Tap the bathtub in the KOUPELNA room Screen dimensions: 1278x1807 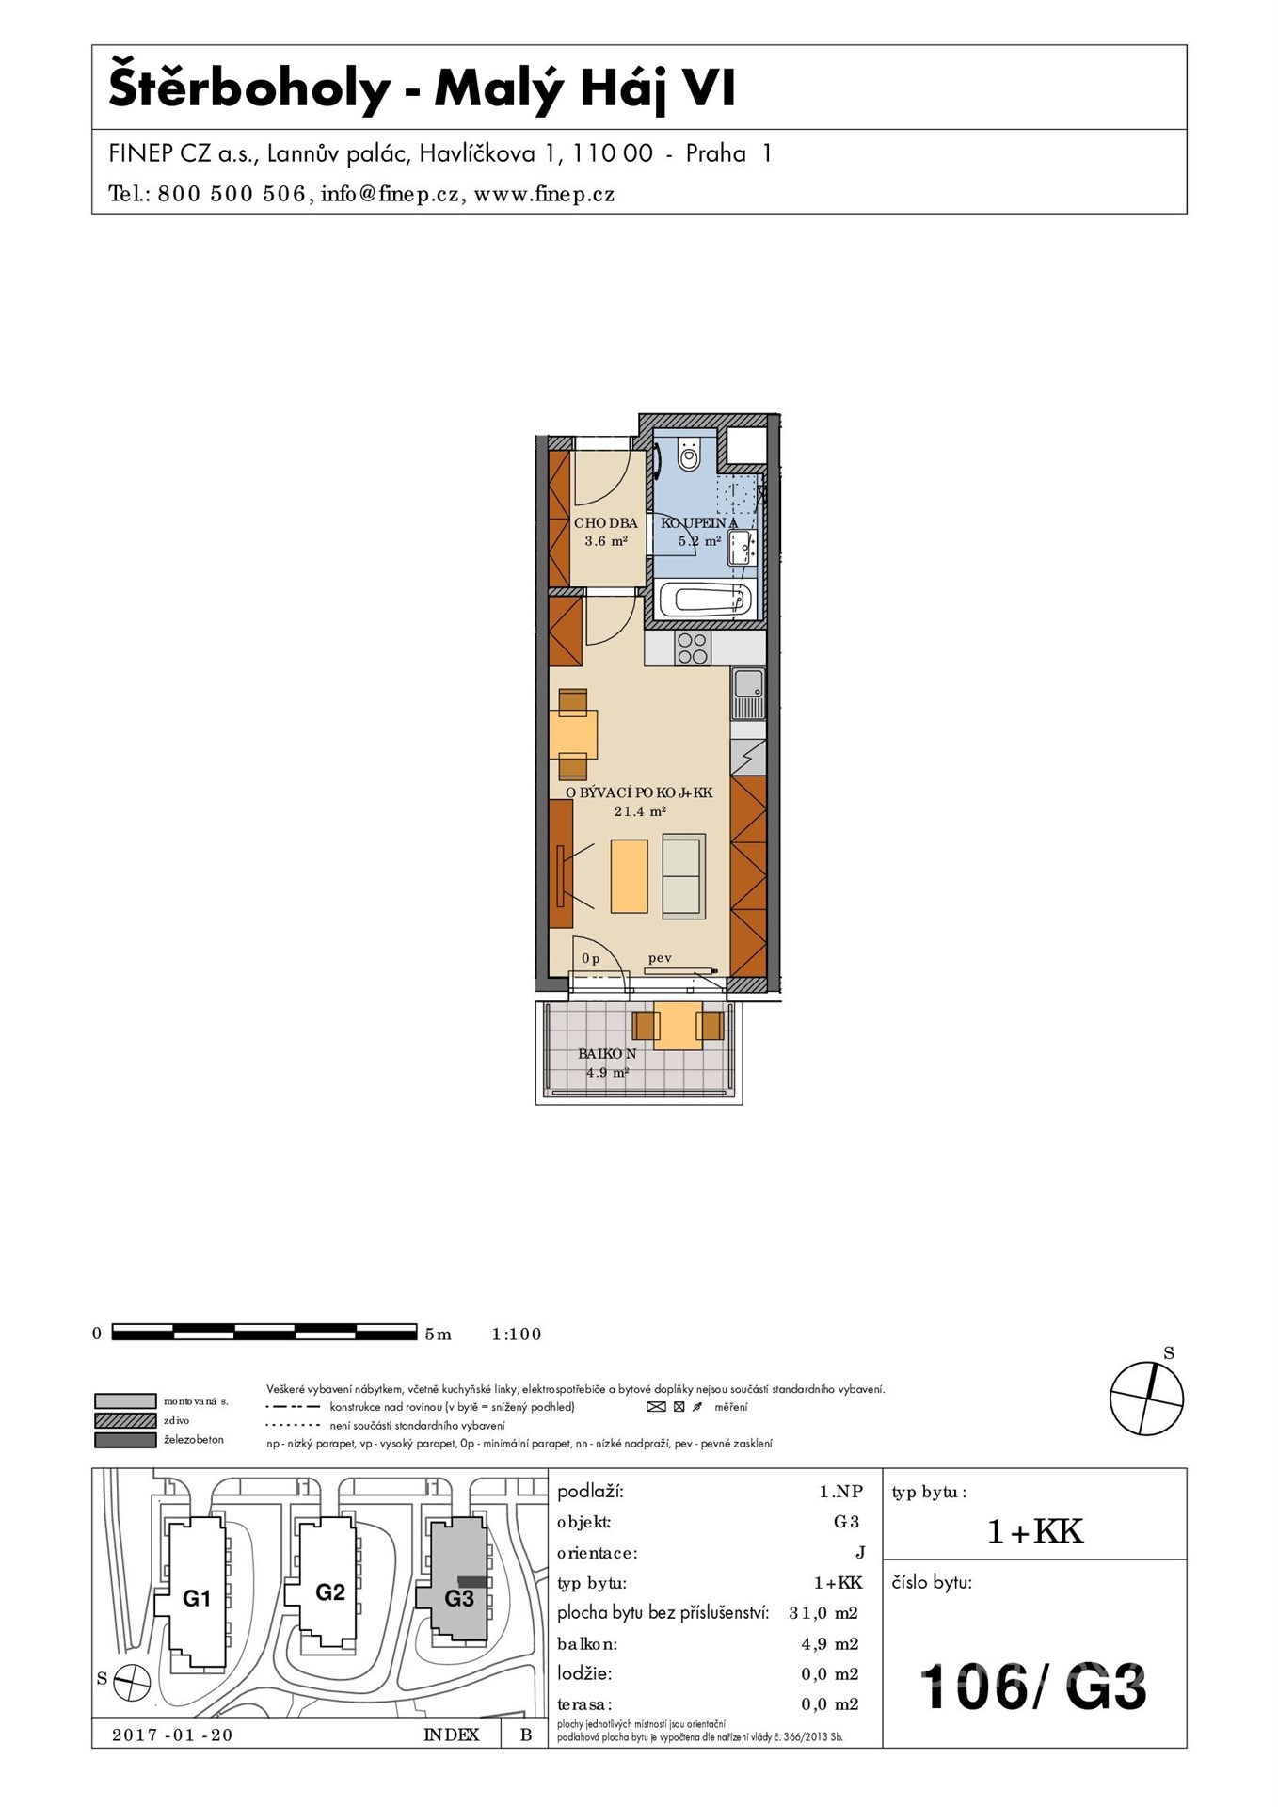[x=705, y=599]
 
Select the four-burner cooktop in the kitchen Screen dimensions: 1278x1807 [x=693, y=648]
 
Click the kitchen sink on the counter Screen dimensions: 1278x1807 [x=748, y=694]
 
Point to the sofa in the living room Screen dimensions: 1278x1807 [x=684, y=876]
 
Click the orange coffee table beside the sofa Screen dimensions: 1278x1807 [x=629, y=876]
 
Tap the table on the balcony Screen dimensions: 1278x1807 [x=678, y=1026]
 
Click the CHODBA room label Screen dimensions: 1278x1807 [x=606, y=523]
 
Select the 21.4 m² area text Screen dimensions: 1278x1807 [x=640, y=810]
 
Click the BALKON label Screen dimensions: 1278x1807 [x=607, y=1054]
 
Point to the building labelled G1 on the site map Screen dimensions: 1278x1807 [x=197, y=1598]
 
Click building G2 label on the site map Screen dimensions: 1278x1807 [x=330, y=1591]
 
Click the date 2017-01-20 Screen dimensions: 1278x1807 [x=172, y=1735]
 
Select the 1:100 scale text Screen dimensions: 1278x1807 [x=517, y=1334]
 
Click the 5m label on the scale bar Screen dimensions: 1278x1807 [x=439, y=1334]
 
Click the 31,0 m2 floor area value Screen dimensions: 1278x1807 [x=823, y=1613]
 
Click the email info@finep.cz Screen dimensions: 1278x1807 [x=390, y=195]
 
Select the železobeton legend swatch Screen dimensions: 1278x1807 [x=125, y=1440]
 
